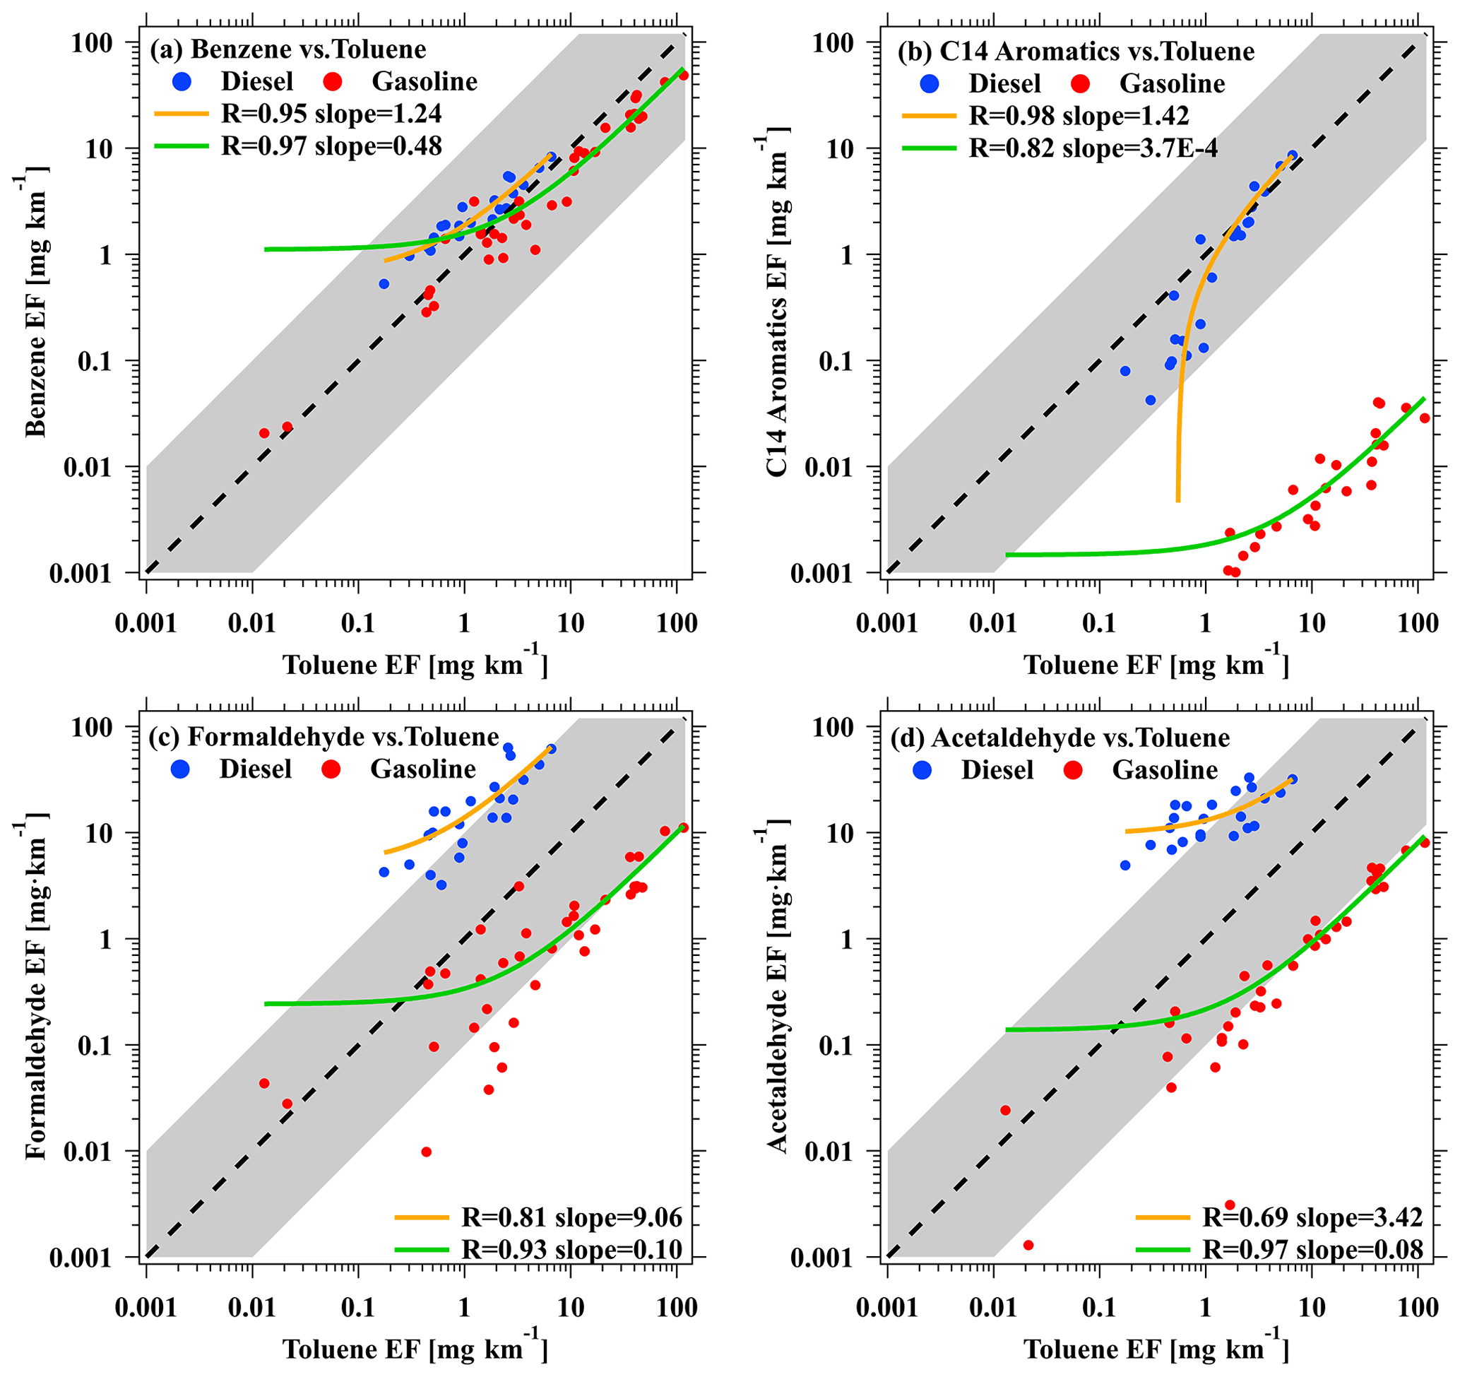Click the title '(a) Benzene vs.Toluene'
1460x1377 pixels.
287,49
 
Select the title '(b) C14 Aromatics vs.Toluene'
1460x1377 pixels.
1075,52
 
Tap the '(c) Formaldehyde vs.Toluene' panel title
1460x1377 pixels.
324,737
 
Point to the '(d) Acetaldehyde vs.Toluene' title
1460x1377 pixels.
1060,738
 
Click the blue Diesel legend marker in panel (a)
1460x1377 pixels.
182,81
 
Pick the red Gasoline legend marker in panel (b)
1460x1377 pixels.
1079,83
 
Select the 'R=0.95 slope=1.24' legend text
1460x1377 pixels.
331,114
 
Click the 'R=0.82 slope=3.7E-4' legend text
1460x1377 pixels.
1093,148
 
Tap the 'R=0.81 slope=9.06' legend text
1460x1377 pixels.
572,1217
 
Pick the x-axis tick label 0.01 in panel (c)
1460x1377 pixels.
251,1307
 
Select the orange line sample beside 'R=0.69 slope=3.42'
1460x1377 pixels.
1163,1217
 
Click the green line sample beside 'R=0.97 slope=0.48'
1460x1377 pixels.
182,146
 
